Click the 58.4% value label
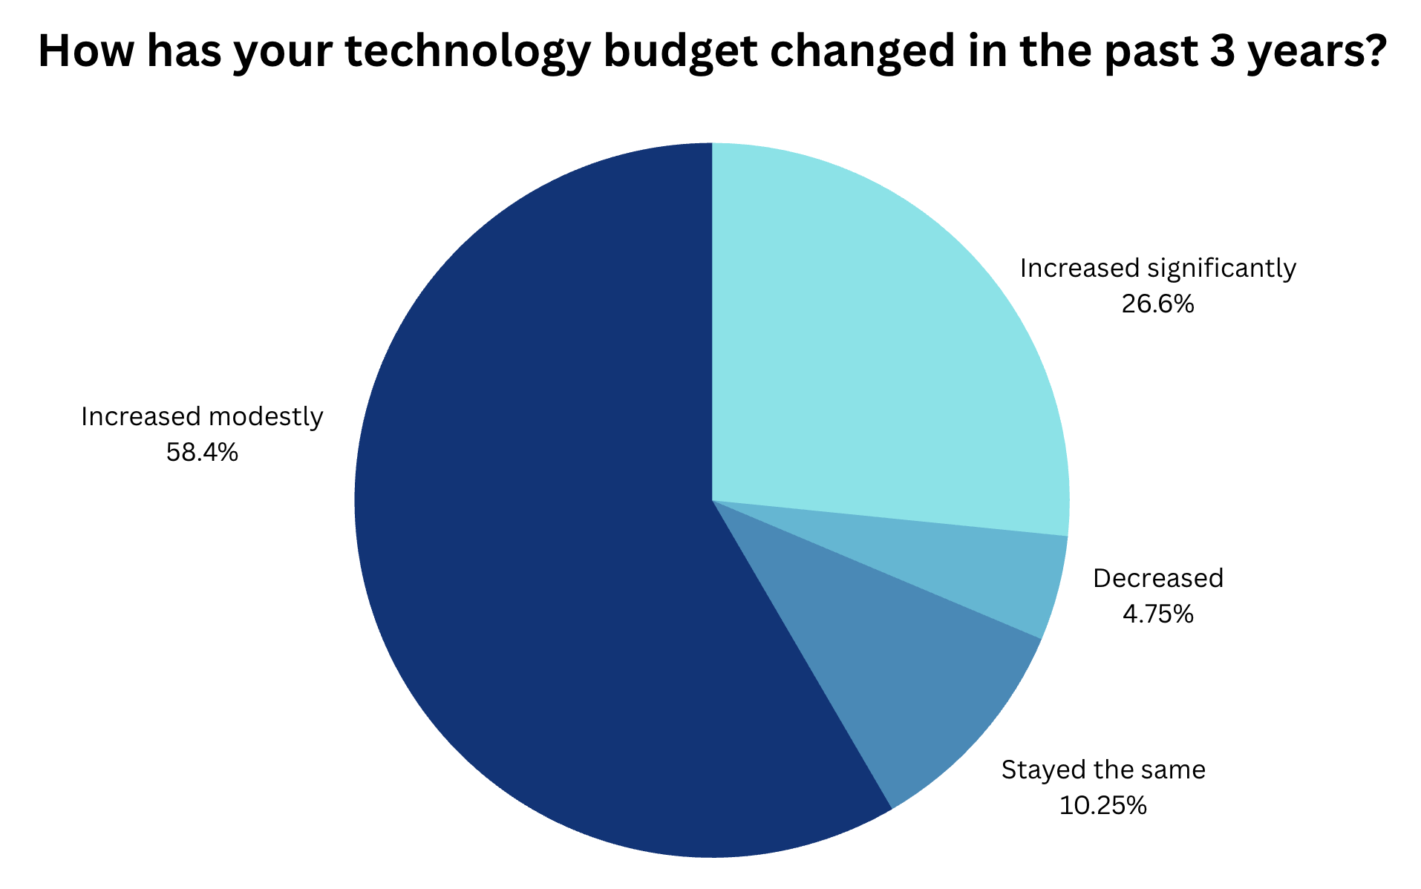[x=202, y=452]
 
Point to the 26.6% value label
[x=1157, y=304]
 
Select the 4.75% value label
[x=1157, y=614]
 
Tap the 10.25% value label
[x=1102, y=805]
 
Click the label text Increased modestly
[x=202, y=417]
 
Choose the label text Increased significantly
[x=1157, y=268]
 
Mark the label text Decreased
[x=1157, y=578]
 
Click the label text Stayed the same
[x=1102, y=770]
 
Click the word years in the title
[x=1299, y=52]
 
